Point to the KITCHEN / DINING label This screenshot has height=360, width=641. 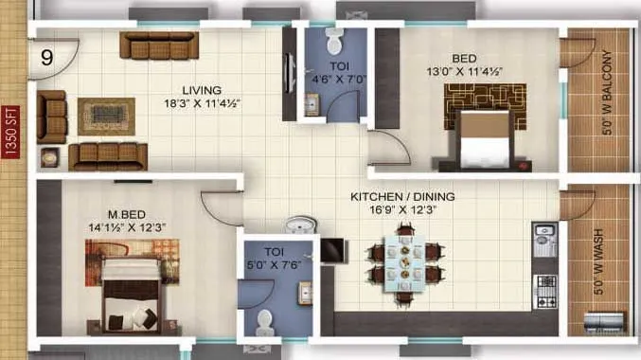click(x=402, y=197)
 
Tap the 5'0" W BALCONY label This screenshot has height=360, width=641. click(x=608, y=99)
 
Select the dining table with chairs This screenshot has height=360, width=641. click(x=404, y=261)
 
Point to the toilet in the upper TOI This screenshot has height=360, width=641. click(x=332, y=42)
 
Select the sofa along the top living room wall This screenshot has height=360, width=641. click(x=158, y=45)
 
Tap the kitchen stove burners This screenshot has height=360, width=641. click(x=547, y=284)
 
